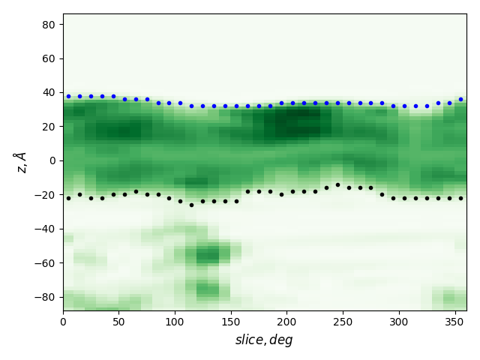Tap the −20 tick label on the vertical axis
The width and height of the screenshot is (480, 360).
[x=47, y=194]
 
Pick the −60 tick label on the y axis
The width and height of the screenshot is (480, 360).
[x=47, y=262]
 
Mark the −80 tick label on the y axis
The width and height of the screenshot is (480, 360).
[x=47, y=297]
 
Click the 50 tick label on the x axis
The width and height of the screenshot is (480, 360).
[x=118, y=322]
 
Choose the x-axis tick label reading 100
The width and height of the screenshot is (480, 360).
[x=175, y=322]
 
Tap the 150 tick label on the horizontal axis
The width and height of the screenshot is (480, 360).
[x=231, y=322]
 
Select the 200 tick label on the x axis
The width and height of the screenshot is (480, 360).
[x=286, y=322]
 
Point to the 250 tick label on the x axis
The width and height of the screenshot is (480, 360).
[x=343, y=322]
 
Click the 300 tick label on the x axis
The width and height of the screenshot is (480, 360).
[x=398, y=322]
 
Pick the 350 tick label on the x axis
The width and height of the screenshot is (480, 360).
[x=454, y=322]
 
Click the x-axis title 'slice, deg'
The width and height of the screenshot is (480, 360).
[x=264, y=340]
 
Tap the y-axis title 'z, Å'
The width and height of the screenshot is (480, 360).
[x=20, y=161]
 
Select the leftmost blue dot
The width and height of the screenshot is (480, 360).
[x=68, y=96]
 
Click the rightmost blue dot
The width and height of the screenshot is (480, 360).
[x=460, y=99]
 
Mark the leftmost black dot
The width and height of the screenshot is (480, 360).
[x=68, y=198]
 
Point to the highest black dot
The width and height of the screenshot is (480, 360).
[x=337, y=184]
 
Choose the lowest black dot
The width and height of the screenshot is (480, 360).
[x=191, y=205]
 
